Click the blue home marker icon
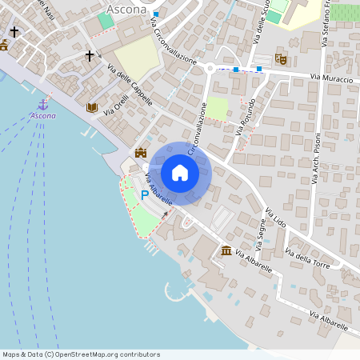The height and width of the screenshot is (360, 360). pyautogui.click(x=180, y=173)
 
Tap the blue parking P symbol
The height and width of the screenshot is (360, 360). pyautogui.click(x=145, y=194)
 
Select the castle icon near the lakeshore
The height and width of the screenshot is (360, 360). pyautogui.click(x=142, y=153)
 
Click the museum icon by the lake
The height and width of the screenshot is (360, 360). pyautogui.click(x=226, y=251)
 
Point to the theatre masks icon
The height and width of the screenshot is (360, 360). pyautogui.click(x=280, y=58)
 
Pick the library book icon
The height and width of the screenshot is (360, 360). pyautogui.click(x=91, y=107)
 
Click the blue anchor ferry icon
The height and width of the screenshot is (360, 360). pyautogui.click(x=43, y=104)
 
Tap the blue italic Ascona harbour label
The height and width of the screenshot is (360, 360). pyautogui.click(x=43, y=116)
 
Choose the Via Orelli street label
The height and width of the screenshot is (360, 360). pyautogui.click(x=116, y=106)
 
